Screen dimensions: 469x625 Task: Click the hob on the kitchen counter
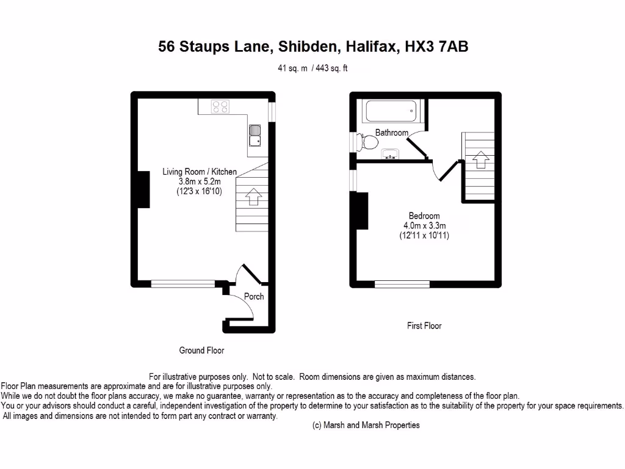point(221,107)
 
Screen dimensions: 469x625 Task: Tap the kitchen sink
point(255,136)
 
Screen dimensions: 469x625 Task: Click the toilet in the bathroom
point(368,142)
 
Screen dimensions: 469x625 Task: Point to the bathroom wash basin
point(390,154)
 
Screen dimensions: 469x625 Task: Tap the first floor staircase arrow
point(480,159)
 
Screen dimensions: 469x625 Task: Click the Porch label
point(254,296)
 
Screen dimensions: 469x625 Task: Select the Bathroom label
point(391,133)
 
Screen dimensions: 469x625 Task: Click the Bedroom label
point(424,216)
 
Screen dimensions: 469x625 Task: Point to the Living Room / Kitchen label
point(199,172)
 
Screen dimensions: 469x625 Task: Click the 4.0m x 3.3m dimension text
point(424,225)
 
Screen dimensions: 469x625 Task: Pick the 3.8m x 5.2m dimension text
point(199,181)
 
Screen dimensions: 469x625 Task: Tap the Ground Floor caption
point(201,351)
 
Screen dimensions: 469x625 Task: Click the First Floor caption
point(424,326)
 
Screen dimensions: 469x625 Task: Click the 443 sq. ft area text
point(332,68)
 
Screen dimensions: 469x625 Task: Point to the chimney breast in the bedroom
point(361,211)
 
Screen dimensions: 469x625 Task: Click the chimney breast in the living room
point(143,189)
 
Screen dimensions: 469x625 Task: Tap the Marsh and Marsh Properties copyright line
point(366,425)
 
